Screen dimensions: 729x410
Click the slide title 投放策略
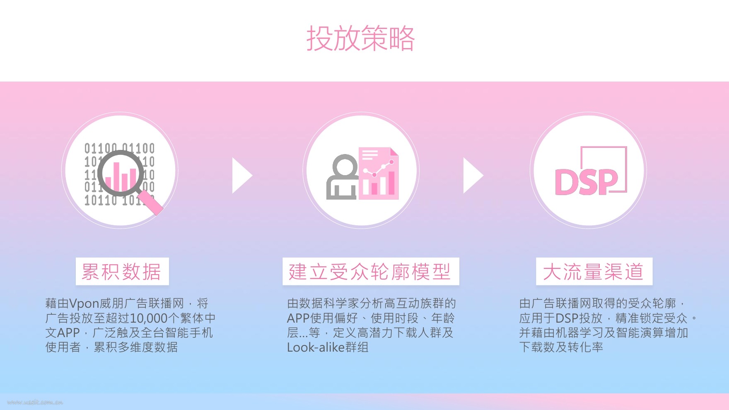click(x=360, y=39)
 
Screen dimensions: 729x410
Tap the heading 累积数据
click(x=122, y=272)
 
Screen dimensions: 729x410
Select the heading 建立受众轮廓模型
click(x=370, y=272)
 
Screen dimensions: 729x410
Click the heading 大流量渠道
click(x=594, y=272)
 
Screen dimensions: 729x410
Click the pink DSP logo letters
click(x=586, y=182)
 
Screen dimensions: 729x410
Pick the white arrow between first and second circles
click(x=241, y=175)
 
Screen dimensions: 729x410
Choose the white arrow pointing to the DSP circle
click(x=472, y=175)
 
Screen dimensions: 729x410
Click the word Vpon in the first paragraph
click(x=84, y=304)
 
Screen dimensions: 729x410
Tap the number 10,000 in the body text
click(x=149, y=318)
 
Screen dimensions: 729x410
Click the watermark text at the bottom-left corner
click(x=35, y=402)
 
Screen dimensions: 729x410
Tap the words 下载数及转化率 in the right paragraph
click(x=561, y=347)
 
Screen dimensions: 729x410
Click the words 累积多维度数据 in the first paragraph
click(x=136, y=347)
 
